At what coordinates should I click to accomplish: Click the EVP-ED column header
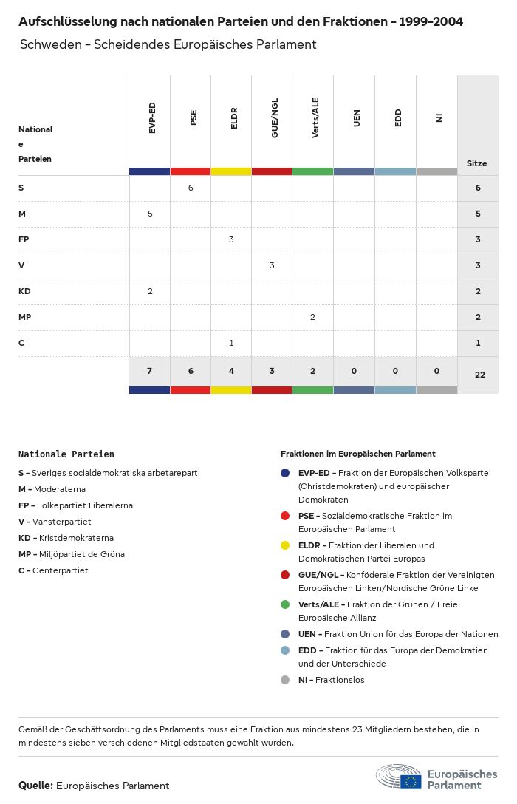[151, 118]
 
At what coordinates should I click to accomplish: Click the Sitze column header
[477, 163]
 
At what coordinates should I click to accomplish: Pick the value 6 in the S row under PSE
[191, 188]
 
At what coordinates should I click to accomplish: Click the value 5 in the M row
[150, 214]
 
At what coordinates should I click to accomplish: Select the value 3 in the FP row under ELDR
[231, 239]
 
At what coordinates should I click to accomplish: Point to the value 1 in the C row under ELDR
[231, 343]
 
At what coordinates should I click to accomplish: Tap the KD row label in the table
[24, 291]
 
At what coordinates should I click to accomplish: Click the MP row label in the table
[24, 317]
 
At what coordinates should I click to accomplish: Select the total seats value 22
[479, 375]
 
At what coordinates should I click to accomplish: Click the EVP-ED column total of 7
[149, 370]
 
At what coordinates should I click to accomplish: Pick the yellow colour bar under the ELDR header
[231, 171]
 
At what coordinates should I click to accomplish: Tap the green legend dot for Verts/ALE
[285, 604]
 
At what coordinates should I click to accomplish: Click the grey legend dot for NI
[285, 680]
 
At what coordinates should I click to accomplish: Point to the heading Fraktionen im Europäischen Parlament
[357, 454]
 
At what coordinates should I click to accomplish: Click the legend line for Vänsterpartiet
[55, 522]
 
